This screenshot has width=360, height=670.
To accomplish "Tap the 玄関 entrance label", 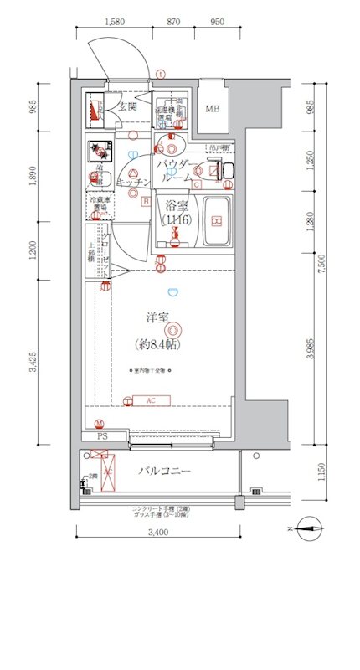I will click(x=126, y=106).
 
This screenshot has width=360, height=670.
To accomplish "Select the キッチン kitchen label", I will click(x=133, y=182).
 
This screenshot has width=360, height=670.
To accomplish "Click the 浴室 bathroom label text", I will click(x=176, y=205).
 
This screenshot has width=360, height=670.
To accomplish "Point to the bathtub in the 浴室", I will click(x=216, y=222).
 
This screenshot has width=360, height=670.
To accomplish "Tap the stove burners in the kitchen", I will click(x=100, y=152).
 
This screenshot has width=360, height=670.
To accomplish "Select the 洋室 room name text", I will click(x=158, y=317).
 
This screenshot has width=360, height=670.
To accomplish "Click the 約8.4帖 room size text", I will click(x=158, y=343).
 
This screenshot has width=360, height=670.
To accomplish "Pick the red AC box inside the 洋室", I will click(x=151, y=400).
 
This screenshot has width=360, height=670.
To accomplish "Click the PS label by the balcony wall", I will click(x=103, y=436).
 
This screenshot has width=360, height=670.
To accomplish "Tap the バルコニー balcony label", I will click(x=165, y=472).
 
